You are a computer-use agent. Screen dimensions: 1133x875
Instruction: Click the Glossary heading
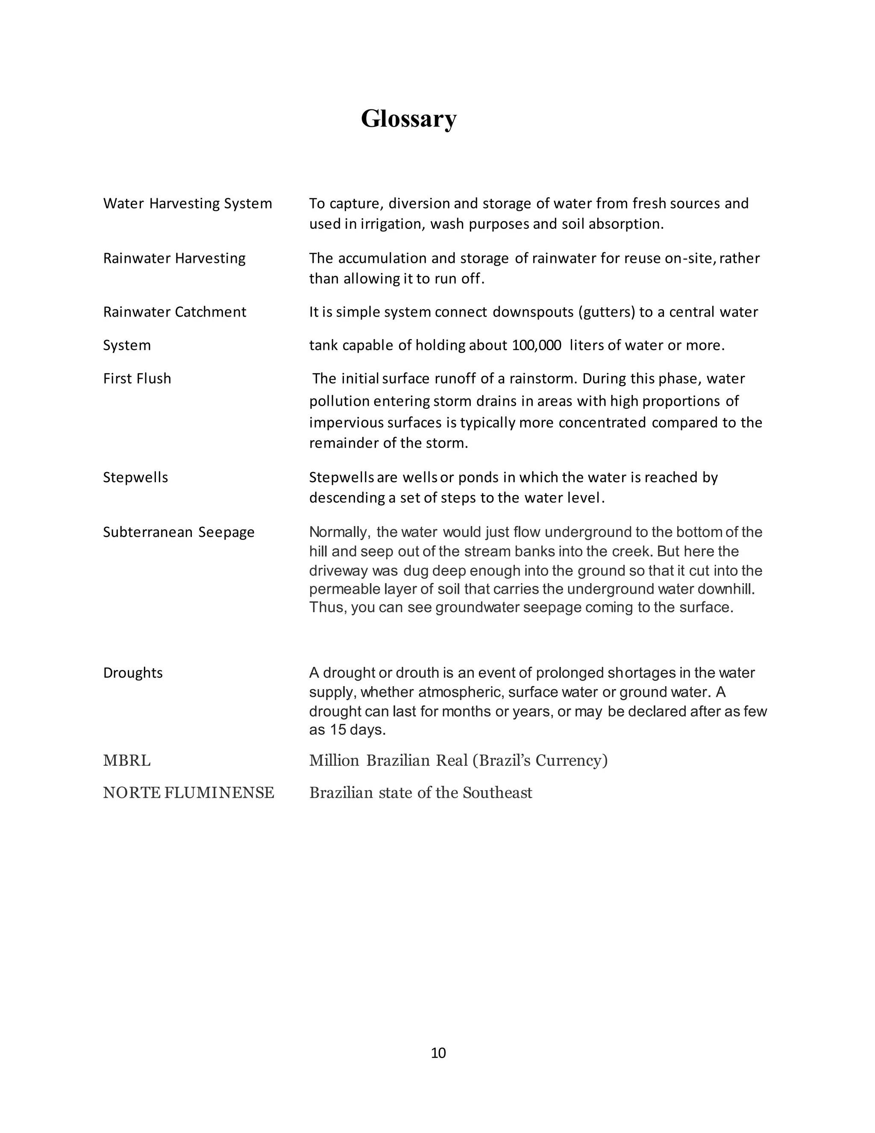[408, 118]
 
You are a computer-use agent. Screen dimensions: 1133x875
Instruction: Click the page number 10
[438, 1053]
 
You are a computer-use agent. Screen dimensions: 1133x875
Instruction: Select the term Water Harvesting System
[187, 204]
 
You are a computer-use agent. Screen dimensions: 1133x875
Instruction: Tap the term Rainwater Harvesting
[174, 258]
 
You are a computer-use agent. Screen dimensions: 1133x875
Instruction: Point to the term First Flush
[137, 378]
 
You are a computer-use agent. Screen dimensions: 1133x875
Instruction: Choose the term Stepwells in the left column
[135, 477]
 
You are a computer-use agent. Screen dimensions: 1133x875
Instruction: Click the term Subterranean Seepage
[178, 532]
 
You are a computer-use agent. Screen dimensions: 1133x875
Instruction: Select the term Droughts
[133, 673]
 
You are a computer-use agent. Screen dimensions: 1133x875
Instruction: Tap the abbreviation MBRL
[126, 761]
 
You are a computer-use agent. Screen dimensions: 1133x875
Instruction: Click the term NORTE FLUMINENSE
[188, 793]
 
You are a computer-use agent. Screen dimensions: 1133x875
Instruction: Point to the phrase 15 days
[358, 730]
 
